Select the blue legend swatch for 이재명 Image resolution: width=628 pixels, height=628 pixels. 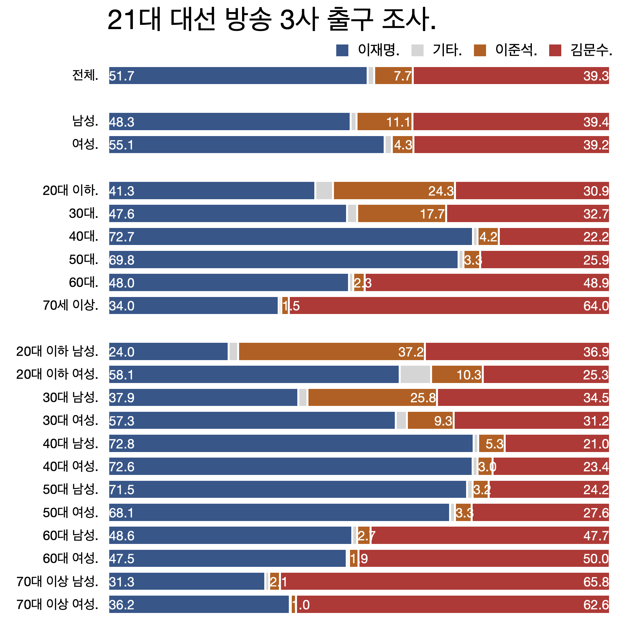coord(342,50)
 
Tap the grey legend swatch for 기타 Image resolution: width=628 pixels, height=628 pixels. coord(417,50)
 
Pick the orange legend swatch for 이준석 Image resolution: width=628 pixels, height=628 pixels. coord(480,50)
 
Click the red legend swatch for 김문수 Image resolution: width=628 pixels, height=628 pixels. coord(555,50)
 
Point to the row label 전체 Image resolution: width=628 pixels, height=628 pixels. coord(85,76)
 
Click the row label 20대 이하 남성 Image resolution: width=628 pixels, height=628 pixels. coord(57,351)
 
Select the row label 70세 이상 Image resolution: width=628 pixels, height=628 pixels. coord(70,305)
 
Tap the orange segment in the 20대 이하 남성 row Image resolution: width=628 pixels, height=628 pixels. coord(331,352)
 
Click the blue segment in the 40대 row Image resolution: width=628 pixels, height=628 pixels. coord(290,236)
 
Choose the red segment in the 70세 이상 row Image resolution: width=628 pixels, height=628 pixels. coord(449,305)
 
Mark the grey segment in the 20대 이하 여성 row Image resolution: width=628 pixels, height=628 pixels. coord(415,375)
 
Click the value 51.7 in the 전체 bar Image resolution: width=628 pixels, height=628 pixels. coord(122,76)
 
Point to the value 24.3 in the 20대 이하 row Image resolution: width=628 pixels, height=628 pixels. coord(441,191)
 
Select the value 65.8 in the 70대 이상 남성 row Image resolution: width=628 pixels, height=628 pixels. coord(596,582)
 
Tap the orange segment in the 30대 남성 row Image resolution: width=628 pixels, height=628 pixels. coord(372,397)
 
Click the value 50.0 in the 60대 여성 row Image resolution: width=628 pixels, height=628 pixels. coord(596,559)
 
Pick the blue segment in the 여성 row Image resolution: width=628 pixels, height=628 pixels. coord(246,145)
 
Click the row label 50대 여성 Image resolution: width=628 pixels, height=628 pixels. coord(70,513)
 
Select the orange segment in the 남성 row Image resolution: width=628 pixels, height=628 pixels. coord(384,122)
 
